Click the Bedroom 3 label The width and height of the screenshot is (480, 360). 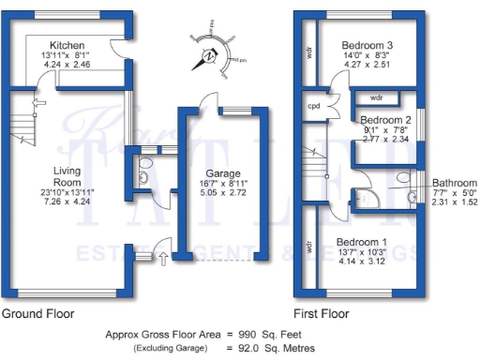coord(367,45)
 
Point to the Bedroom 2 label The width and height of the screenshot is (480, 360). coord(386,120)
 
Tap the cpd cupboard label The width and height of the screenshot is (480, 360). coord(314,106)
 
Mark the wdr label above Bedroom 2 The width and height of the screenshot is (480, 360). coord(376,97)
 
